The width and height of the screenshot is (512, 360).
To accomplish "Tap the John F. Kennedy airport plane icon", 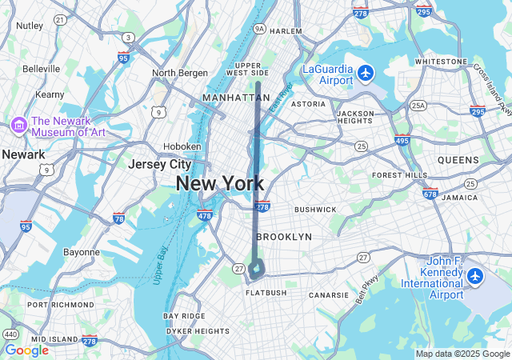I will click(x=476, y=277).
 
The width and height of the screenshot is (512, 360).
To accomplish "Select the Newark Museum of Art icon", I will click(x=18, y=125).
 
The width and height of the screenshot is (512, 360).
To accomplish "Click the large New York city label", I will click(x=220, y=183).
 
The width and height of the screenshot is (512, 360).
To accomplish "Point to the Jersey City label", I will click(x=160, y=164).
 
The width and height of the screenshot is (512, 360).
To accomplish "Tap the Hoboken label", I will click(x=182, y=146).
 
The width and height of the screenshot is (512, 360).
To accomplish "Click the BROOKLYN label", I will click(x=284, y=237).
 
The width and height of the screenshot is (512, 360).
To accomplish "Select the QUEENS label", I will click(x=458, y=160).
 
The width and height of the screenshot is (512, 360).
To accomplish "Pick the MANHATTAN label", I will click(x=237, y=98).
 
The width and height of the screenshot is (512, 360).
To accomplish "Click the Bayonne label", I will click(x=82, y=252).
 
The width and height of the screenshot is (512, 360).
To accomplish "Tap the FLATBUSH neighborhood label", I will click(x=266, y=293).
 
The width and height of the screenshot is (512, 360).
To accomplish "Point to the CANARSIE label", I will click(x=330, y=295).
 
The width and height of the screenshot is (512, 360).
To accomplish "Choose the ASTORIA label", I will click(x=308, y=104).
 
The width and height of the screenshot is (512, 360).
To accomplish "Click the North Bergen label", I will click(x=179, y=73).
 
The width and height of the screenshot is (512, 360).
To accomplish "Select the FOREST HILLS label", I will click(x=401, y=175).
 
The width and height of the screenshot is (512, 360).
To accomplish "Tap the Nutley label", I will click(x=30, y=26).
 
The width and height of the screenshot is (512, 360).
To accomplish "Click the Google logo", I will click(x=26, y=350).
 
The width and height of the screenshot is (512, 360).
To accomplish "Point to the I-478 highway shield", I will click(x=204, y=215).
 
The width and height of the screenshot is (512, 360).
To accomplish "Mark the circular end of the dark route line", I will click(x=256, y=270).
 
